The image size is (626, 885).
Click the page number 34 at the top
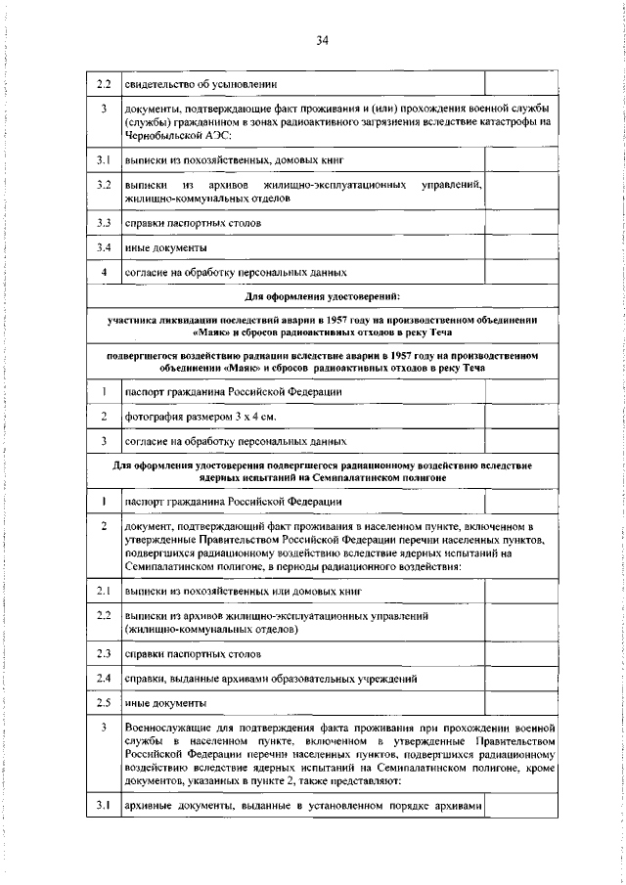pos(323,40)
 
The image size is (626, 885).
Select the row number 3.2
pos(103,184)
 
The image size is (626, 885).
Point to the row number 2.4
pos(103,678)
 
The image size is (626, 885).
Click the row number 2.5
pos(103,703)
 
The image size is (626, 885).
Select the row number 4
pos(103,273)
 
